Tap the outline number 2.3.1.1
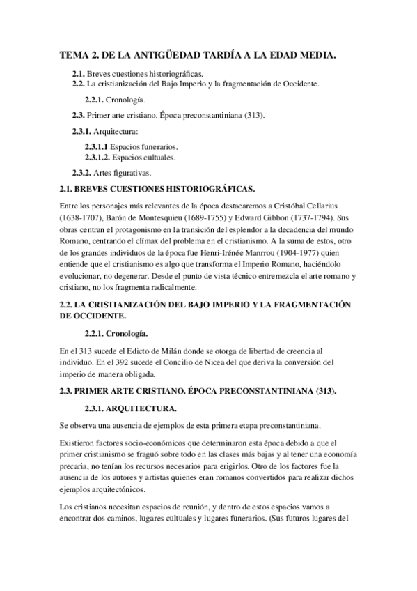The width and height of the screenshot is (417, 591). click(x=97, y=147)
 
